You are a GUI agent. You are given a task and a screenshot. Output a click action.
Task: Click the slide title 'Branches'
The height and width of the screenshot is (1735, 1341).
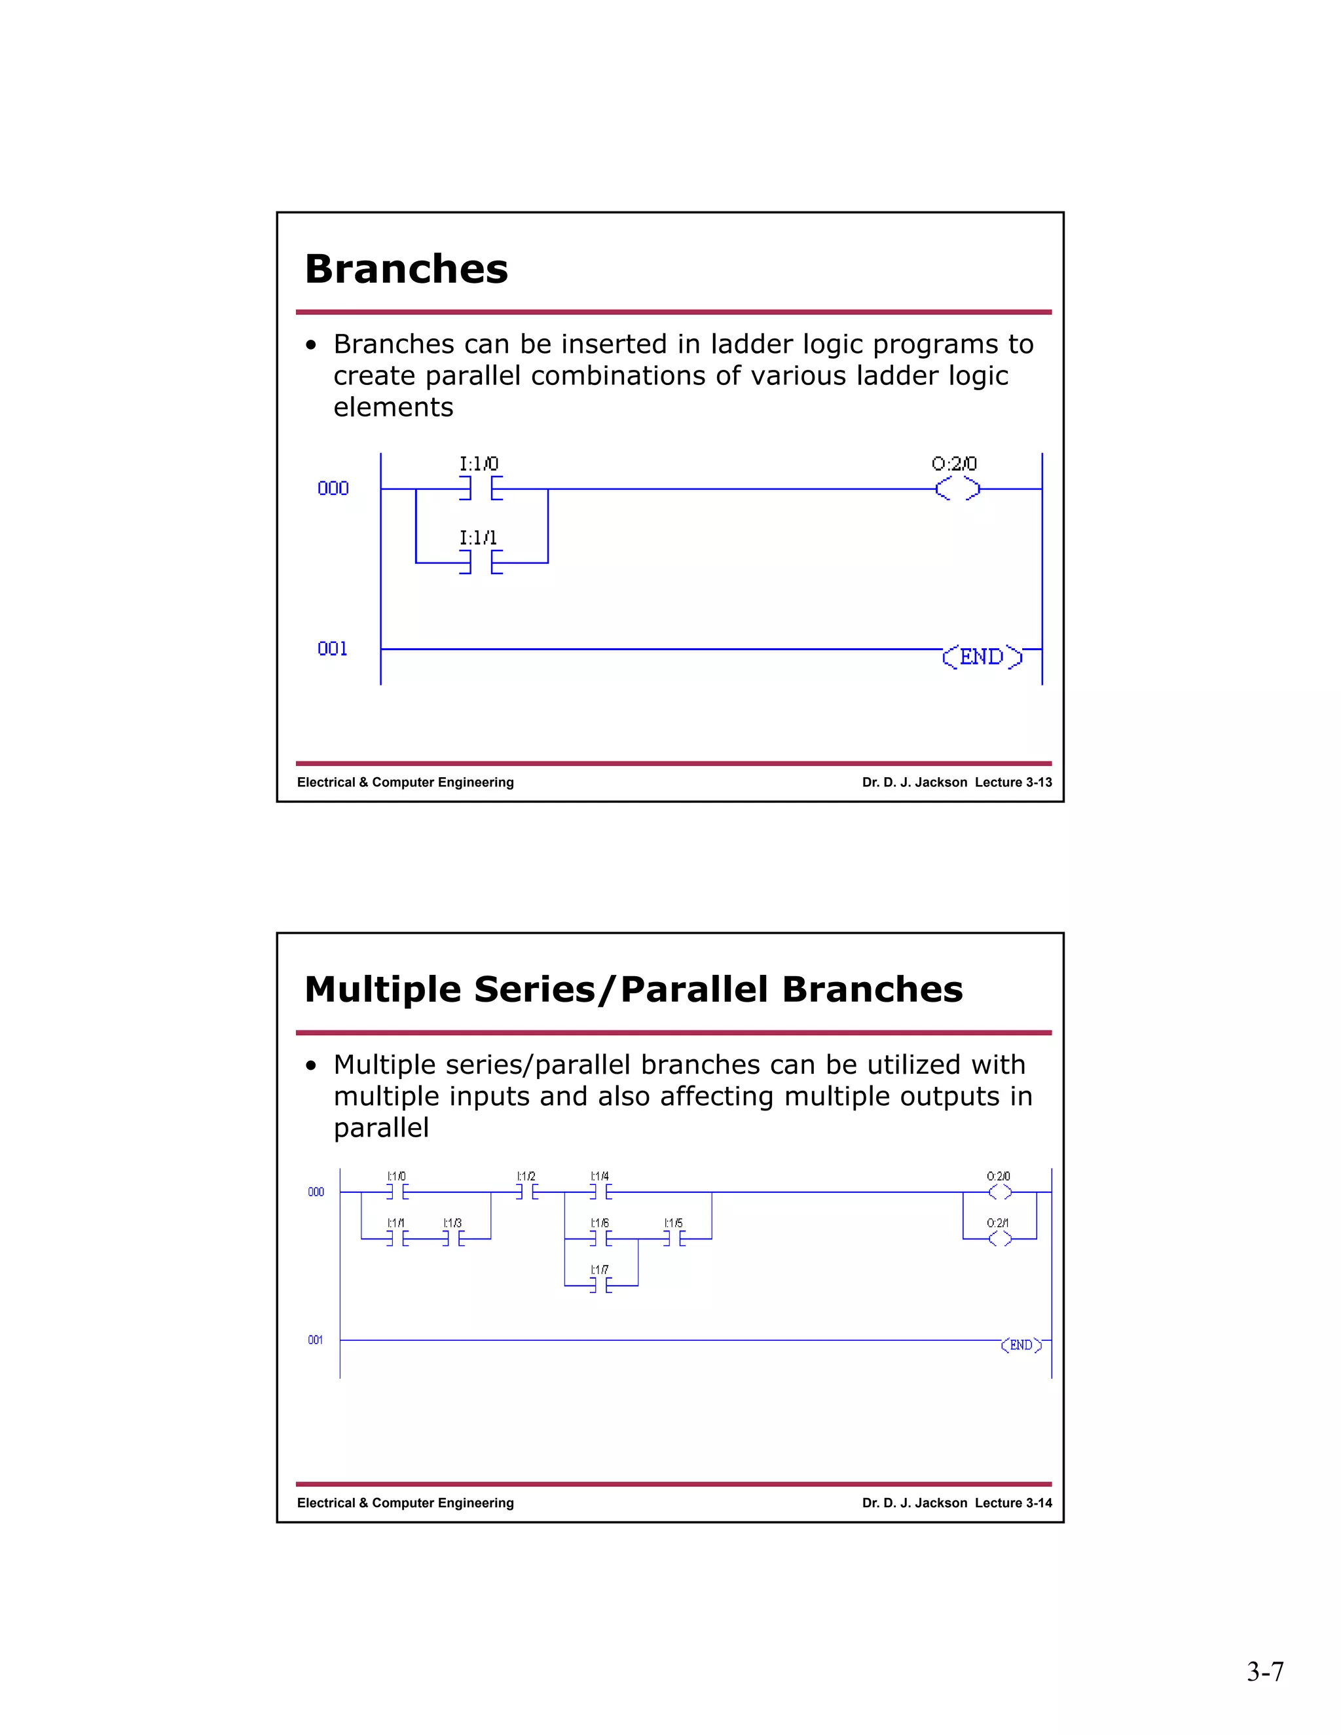pos(406,268)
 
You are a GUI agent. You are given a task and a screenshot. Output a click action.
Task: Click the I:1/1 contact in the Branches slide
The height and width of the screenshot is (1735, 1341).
pos(481,562)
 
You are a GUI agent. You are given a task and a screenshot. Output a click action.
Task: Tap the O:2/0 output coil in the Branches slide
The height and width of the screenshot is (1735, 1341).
pos(957,489)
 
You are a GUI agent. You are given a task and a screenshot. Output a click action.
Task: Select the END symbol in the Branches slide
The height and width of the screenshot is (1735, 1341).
pos(982,657)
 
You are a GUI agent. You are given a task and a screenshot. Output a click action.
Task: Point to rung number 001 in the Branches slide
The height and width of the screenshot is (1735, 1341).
pos(333,649)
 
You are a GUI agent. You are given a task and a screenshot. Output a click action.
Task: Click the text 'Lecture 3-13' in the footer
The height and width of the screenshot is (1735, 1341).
pos(1013,782)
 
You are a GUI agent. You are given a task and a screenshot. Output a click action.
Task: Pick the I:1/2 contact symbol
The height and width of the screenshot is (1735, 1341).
pos(526,1192)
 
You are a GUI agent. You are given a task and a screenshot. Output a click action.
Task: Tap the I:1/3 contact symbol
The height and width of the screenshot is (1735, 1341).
pos(453,1239)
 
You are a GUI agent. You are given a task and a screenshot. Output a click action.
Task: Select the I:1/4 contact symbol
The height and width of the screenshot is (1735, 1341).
pos(600,1192)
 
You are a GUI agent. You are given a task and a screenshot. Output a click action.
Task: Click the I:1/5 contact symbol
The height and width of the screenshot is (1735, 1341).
pos(674,1239)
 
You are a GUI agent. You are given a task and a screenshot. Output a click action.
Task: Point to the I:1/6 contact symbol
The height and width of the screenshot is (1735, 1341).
pos(600,1239)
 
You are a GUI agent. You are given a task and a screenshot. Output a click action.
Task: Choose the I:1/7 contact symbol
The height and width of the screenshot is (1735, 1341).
pos(600,1285)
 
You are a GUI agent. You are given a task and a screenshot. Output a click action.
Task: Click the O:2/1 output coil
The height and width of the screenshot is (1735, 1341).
pos(999,1239)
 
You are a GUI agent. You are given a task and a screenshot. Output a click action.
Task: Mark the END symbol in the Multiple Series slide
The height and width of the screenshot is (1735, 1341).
pos(1021,1345)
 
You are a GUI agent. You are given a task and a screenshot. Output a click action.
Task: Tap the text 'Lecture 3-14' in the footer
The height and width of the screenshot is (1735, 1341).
pos(1013,1503)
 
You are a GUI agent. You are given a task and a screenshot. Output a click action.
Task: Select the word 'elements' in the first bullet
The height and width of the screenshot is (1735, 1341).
pos(394,407)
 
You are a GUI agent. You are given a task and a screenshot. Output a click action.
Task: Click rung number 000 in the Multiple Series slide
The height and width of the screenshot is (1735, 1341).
pos(316,1192)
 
